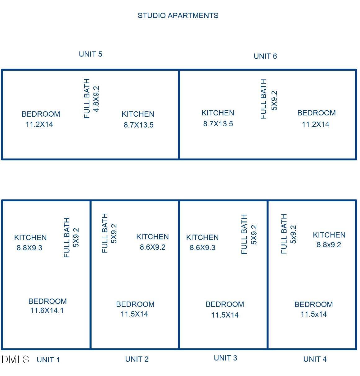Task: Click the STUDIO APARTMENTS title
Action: point(178,16)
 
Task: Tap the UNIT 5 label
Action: point(91,54)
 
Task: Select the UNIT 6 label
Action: point(265,56)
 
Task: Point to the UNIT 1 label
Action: point(48,360)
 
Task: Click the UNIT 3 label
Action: point(225,358)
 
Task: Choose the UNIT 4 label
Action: point(315,359)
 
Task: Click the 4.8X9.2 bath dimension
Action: point(96,99)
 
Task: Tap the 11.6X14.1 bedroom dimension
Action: point(47,311)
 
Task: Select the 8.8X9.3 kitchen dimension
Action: point(29,248)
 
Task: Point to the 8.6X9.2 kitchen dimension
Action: point(153,247)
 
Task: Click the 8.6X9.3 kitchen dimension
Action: point(202,248)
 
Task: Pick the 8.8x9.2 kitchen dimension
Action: point(329,244)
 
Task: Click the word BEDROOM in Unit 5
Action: point(41,114)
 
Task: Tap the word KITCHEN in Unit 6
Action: point(218,113)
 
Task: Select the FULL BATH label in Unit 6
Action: point(263,99)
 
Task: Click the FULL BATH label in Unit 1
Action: point(67,237)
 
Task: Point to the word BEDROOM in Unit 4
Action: point(313,304)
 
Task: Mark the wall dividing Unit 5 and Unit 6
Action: point(179,114)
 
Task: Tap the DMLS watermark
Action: point(15,359)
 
